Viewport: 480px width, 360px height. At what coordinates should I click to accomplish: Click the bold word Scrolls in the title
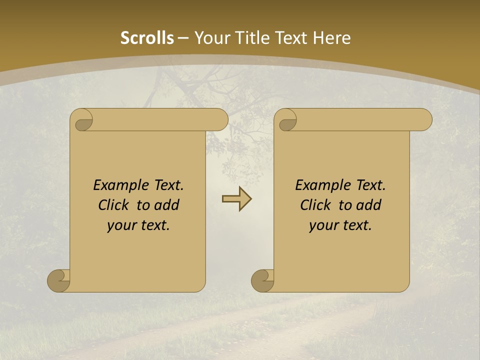click(147, 38)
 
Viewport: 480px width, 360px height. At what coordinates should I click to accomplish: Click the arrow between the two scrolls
click(236, 199)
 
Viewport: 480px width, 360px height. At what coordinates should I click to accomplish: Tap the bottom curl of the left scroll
click(58, 280)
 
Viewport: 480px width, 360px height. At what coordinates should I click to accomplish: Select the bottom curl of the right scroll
click(262, 280)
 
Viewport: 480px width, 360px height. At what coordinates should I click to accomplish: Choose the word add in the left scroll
click(167, 205)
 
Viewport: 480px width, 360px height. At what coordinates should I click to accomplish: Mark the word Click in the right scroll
click(315, 205)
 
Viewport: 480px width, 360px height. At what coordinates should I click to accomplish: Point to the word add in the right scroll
click(369, 205)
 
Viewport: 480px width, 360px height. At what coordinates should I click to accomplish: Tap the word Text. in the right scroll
click(370, 185)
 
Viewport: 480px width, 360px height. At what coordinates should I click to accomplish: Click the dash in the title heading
click(183, 38)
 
